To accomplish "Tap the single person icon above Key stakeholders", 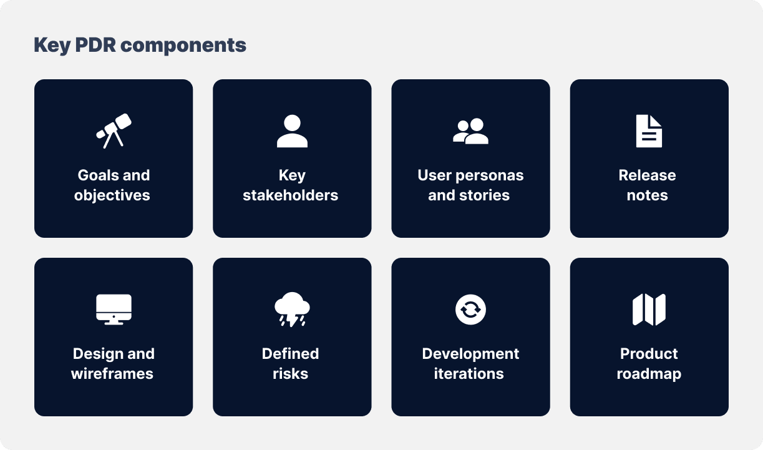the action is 292,131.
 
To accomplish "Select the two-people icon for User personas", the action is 470,131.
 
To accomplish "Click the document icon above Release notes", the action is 649,131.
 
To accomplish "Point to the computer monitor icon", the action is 114,310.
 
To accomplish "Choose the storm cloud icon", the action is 292,309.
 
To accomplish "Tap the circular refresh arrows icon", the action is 471,310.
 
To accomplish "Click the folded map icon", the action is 649,310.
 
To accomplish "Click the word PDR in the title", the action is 95,45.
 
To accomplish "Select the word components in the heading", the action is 183,46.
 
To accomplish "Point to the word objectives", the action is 112,196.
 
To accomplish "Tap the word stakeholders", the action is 291,195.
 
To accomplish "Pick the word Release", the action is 647,175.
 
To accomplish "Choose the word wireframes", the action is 112,374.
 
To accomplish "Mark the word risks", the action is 291,374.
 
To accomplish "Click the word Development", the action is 471,355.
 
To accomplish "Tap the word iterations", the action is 469,374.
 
